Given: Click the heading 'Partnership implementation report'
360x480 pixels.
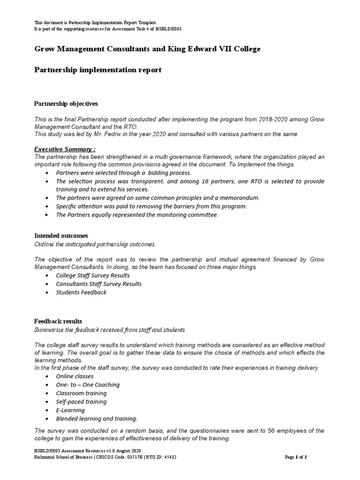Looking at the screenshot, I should pos(98,70).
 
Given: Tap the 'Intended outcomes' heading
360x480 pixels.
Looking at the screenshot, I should pos(61,236).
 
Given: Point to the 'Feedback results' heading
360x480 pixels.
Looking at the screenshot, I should pos(59,321).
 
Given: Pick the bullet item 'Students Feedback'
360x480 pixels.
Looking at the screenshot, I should pos(81,292).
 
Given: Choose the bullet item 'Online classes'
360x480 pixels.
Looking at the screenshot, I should pos(75,376).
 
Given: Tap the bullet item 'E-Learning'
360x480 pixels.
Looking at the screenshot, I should pos(70,410).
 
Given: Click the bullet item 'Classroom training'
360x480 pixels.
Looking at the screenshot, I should pos(81,393).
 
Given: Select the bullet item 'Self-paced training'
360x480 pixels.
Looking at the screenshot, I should pos(81,402).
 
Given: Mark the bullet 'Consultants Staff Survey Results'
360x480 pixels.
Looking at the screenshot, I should pos(98,284).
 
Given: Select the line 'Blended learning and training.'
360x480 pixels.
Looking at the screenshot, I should pos(97,419).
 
